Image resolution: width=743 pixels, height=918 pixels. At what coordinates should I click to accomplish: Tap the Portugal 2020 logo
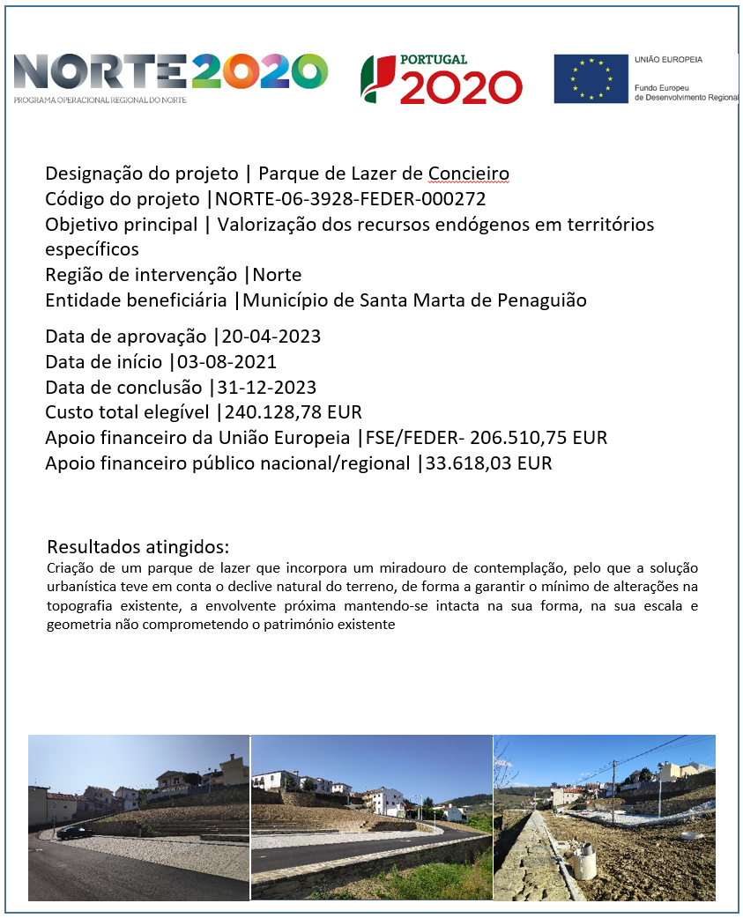point(442,79)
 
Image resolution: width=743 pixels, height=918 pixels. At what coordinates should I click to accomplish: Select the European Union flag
point(591,79)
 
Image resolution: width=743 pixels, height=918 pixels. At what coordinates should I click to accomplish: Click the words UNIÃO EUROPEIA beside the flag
point(668,60)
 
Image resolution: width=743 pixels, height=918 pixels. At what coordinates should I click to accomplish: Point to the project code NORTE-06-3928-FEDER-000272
point(351,199)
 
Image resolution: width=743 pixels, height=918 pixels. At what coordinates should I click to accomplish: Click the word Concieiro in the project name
point(468,174)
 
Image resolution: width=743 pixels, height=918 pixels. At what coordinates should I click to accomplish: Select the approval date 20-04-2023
point(271,337)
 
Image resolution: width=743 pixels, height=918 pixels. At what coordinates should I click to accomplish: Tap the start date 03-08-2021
point(227,362)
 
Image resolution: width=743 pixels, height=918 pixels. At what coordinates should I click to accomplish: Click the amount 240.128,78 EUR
point(293,412)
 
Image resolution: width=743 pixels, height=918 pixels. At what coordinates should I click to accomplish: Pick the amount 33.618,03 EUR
point(488,463)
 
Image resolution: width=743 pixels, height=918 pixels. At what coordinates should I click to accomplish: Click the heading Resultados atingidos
point(138,547)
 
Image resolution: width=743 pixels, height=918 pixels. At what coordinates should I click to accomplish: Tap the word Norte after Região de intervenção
point(277,275)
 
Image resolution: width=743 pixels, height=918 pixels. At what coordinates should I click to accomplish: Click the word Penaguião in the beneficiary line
point(546,300)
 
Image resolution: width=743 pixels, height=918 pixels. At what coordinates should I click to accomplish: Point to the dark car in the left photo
point(74,832)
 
